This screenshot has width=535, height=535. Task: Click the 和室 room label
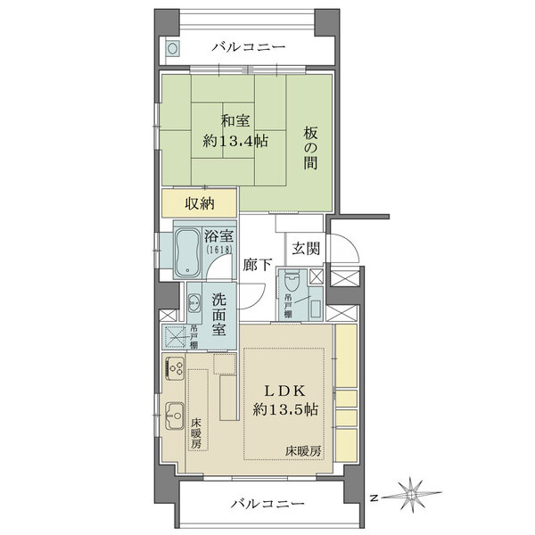point(235,121)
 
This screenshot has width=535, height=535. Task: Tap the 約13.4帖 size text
point(235,141)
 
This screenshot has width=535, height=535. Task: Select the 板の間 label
point(310,148)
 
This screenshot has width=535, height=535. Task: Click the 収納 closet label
point(200,203)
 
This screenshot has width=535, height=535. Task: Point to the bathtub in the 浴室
point(187,251)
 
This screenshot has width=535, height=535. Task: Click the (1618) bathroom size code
point(219,250)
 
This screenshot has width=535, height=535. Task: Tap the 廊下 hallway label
point(258,265)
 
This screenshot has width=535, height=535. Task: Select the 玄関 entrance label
point(306,249)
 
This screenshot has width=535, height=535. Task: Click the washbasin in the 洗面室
point(194,303)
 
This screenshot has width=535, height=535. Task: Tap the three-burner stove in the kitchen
point(175,368)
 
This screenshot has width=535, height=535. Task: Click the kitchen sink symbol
point(175,416)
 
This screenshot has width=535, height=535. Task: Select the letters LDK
point(285,391)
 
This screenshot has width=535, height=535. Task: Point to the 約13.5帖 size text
point(285,409)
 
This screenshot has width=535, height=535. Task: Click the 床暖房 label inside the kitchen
point(196,433)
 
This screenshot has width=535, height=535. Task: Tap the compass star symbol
point(412,493)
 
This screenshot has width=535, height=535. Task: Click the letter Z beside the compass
point(374,498)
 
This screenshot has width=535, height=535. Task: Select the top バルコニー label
point(249,46)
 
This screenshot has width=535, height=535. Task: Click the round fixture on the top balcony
point(172,48)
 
